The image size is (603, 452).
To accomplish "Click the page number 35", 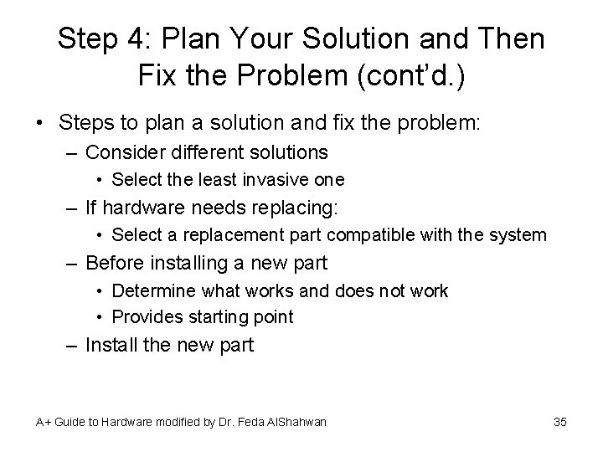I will [x=560, y=422].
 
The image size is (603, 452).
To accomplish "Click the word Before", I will [x=115, y=263].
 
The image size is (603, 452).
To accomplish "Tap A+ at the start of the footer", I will [x=43, y=422].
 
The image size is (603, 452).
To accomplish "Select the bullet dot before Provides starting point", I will [x=100, y=316].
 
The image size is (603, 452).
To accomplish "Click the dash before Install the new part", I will [x=73, y=344].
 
